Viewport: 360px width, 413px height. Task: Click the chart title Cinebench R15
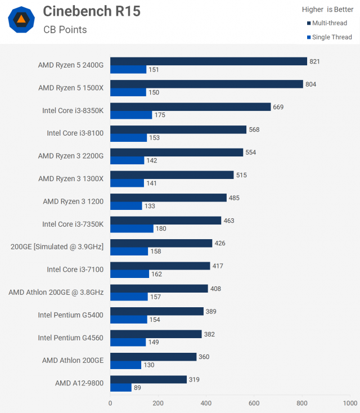point(92,11)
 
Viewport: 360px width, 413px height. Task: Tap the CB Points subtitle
point(65,29)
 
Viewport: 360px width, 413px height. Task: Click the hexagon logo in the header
point(21,20)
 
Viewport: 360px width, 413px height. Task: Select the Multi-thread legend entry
point(329,23)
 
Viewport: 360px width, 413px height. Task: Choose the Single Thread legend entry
point(329,37)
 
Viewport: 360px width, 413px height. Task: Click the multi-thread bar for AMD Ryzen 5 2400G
point(208,61)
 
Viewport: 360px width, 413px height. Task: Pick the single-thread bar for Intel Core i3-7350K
point(132,228)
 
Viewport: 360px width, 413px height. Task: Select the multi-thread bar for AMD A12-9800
point(148,379)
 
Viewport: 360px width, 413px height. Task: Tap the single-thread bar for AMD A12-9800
point(121,388)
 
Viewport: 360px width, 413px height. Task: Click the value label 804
point(310,84)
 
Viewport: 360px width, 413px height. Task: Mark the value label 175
point(160,115)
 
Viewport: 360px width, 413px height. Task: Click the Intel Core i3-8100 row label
point(75,133)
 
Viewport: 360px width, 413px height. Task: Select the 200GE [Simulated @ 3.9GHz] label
point(57,246)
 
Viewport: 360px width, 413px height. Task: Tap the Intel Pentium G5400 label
point(70,315)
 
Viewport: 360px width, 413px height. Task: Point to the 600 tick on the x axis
point(254,403)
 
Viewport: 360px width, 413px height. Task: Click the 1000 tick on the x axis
point(350,403)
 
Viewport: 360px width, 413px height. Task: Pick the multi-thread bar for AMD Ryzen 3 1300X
point(172,175)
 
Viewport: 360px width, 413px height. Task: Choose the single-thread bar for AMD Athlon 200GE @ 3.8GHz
point(129,297)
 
